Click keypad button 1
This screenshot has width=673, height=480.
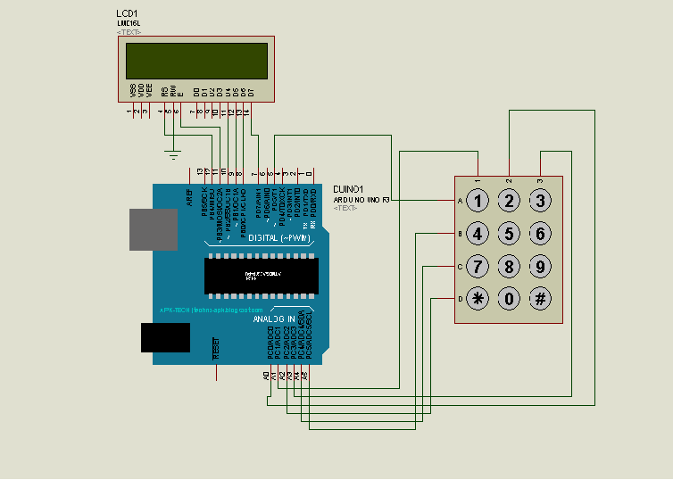pyautogui.click(x=478, y=201)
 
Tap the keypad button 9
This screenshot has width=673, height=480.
pyautogui.click(x=539, y=266)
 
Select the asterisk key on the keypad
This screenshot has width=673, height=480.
pyautogui.click(x=478, y=299)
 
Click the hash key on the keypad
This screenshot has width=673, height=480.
pyautogui.click(x=539, y=299)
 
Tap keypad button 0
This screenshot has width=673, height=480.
pyautogui.click(x=509, y=299)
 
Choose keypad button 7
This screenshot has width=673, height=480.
pyautogui.click(x=478, y=266)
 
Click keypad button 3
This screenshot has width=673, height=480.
pyautogui.click(x=539, y=201)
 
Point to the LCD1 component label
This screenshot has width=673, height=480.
pyautogui.click(x=127, y=14)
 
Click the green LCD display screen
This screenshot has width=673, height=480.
pyautogui.click(x=196, y=61)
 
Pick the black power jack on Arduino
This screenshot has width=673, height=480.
pyautogui.click(x=165, y=337)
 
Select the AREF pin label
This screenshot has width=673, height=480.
pyautogui.click(x=189, y=198)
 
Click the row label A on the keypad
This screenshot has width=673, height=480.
pyautogui.click(x=460, y=202)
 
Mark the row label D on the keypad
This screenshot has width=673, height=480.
pyautogui.click(x=460, y=299)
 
